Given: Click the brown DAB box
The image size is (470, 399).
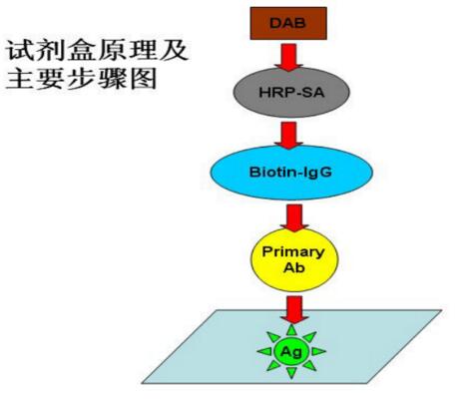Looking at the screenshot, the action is (x=288, y=23).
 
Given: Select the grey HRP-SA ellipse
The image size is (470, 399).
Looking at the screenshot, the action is (x=291, y=92).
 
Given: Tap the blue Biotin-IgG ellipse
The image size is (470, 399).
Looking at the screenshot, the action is (x=291, y=173).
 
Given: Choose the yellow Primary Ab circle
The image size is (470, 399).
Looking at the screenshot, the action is (x=294, y=260).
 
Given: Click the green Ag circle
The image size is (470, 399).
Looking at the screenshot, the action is (x=291, y=351).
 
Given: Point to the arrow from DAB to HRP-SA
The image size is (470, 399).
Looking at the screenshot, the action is (x=288, y=57).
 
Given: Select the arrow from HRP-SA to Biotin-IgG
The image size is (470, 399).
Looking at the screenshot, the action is (x=288, y=136).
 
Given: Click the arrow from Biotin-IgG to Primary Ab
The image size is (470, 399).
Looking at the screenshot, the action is (x=294, y=217).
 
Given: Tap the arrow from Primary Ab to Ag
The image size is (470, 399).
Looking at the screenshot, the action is (x=294, y=310).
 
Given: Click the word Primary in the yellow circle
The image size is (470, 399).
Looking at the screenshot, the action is (x=293, y=252).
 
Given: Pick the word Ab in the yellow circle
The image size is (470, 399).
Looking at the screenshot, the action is (x=294, y=267).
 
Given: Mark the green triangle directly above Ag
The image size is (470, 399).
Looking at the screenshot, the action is (x=291, y=330).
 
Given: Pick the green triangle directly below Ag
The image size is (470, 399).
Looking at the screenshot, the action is (x=291, y=372).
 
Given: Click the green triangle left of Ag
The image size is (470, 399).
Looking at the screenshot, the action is (x=265, y=351).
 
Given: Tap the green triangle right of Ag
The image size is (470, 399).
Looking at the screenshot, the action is (x=317, y=351).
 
